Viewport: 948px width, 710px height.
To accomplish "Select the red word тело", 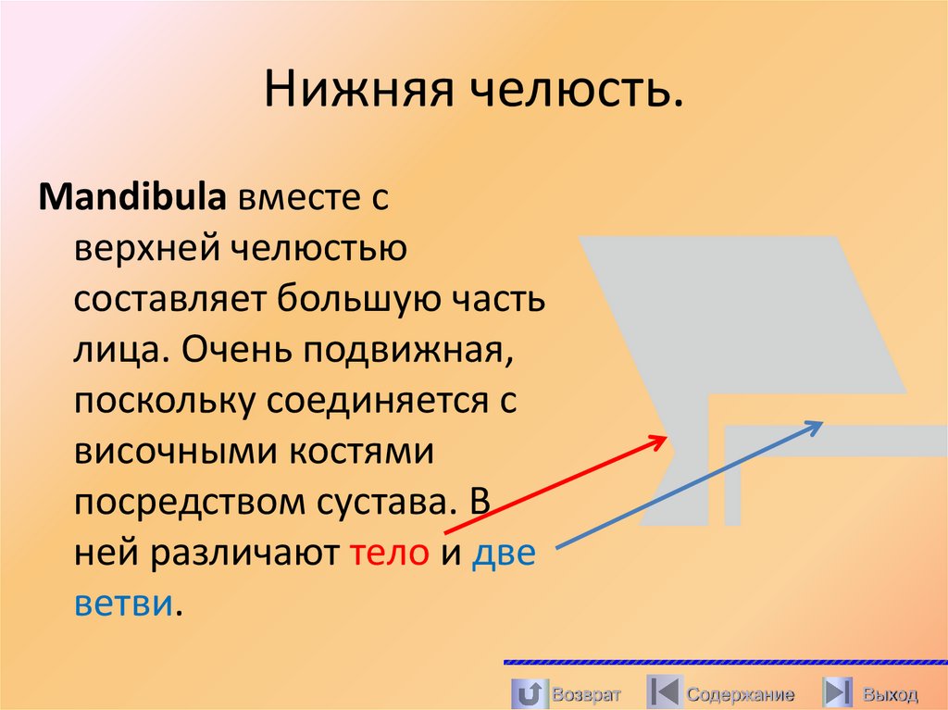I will pyautogui.click(x=389, y=553).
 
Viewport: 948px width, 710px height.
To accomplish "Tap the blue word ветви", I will pyautogui.click(x=123, y=603).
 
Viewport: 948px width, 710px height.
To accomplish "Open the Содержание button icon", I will pyautogui.click(x=664, y=693).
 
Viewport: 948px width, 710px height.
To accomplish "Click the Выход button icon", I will pyautogui.click(x=838, y=693).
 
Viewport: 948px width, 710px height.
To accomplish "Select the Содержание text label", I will pyautogui.click(x=741, y=694).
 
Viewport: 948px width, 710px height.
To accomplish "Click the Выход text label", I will pyautogui.click(x=890, y=694).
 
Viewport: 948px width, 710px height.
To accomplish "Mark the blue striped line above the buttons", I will pyautogui.click(x=725, y=663).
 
